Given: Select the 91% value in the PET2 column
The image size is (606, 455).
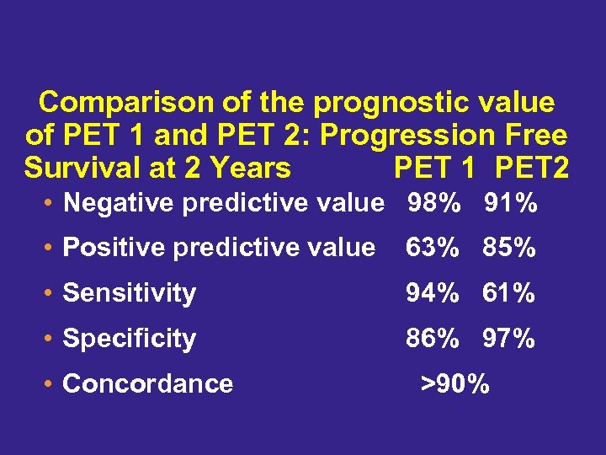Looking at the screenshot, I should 510,203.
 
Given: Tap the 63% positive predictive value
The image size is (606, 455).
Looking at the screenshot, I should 433,248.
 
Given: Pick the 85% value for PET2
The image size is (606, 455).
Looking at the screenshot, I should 509,248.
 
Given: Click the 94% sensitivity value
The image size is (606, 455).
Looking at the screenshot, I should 433,293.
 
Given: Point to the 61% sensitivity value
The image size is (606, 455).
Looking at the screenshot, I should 509,293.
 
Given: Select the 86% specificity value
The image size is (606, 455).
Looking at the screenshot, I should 433,339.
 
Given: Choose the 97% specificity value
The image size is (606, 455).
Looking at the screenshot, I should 509,339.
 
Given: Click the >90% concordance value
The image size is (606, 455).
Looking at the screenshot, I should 454,383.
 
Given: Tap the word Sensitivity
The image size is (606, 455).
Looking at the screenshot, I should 130,293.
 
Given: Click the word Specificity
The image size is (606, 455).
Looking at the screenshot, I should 130,339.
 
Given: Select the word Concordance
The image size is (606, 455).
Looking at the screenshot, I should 148,384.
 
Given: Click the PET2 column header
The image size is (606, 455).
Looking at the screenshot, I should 532,168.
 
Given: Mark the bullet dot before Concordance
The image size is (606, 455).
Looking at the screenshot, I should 51,384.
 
